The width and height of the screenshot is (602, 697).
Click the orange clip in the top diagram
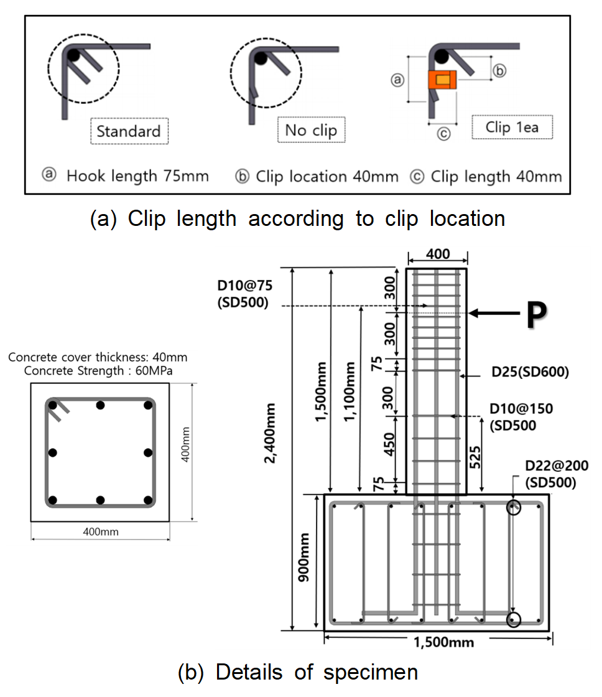[442, 80]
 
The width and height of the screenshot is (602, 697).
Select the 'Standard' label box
[129, 131]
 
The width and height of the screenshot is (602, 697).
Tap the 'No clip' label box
[311, 130]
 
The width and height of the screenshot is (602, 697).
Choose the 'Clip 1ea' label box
[512, 127]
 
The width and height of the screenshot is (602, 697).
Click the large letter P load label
[537, 314]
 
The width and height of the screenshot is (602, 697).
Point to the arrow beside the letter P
[494, 314]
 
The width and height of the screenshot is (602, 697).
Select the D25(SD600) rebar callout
[530, 372]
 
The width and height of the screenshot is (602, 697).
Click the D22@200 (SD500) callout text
[556, 474]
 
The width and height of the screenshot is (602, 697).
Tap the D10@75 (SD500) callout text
[244, 294]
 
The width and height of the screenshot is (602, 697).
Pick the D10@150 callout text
[521, 417]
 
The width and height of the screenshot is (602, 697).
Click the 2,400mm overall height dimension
[269, 433]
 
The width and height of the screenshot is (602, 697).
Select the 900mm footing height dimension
[304, 558]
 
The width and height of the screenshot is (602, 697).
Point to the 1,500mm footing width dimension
[443, 642]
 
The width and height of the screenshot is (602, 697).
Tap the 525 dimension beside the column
[475, 457]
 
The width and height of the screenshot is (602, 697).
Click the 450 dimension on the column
[389, 444]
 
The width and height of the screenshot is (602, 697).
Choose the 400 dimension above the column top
[438, 254]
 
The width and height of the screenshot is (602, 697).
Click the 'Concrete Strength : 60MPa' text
[98, 371]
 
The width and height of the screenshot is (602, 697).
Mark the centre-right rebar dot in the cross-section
[148, 452]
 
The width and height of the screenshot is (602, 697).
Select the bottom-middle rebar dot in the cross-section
[100, 500]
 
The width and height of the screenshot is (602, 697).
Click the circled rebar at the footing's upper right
[514, 507]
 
